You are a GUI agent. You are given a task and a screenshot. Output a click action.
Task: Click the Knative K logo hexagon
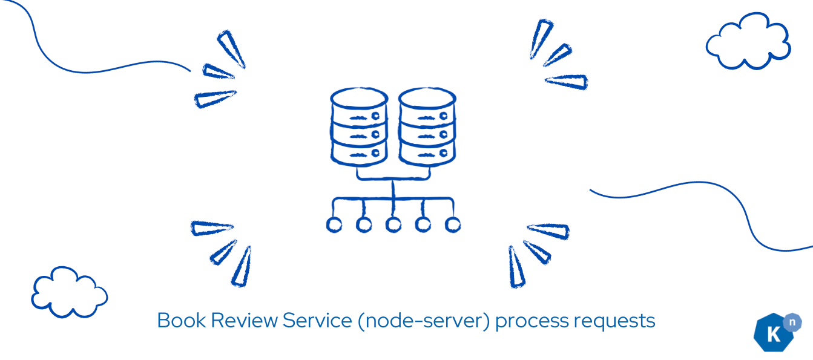click(774, 333)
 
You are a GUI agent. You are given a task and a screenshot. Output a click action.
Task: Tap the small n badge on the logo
click(792, 322)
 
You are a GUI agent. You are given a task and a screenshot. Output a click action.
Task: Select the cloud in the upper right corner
click(748, 41)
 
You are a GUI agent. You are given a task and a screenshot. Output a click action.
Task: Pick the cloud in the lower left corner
click(69, 292)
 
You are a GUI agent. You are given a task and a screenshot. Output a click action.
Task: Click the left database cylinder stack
click(359, 127)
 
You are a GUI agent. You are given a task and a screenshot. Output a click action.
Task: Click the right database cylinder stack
click(427, 127)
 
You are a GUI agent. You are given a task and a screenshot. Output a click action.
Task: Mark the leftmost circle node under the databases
click(334, 225)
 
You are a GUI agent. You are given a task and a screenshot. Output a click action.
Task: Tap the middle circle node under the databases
click(393, 225)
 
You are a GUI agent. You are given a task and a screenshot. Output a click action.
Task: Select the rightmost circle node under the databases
click(453, 225)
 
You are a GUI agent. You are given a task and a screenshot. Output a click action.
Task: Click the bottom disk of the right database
click(427, 154)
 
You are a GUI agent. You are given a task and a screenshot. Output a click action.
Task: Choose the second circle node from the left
click(364, 225)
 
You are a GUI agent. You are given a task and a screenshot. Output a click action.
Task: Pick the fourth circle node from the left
click(423, 225)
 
